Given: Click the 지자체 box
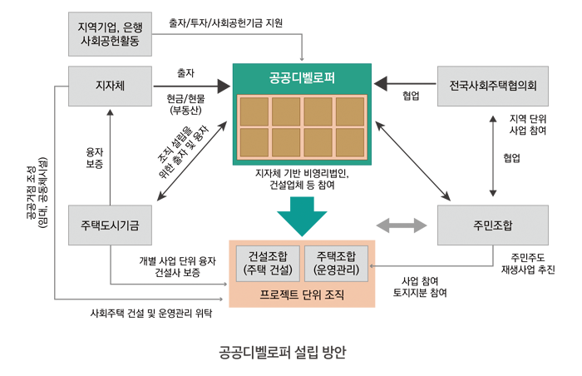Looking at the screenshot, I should (110, 84).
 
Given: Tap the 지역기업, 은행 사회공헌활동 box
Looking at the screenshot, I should (110, 33).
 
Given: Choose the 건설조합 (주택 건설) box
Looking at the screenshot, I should (266, 262).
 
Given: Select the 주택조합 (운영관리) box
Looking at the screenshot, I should (335, 262).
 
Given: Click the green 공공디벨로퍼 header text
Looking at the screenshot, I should (303, 79).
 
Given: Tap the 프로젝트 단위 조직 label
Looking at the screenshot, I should (301, 294).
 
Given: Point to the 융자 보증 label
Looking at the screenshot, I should (95, 158).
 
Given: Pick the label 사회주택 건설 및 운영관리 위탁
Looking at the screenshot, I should (151, 314).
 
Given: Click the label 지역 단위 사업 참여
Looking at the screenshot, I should (528, 125).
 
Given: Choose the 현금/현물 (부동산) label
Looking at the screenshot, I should (185, 103).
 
